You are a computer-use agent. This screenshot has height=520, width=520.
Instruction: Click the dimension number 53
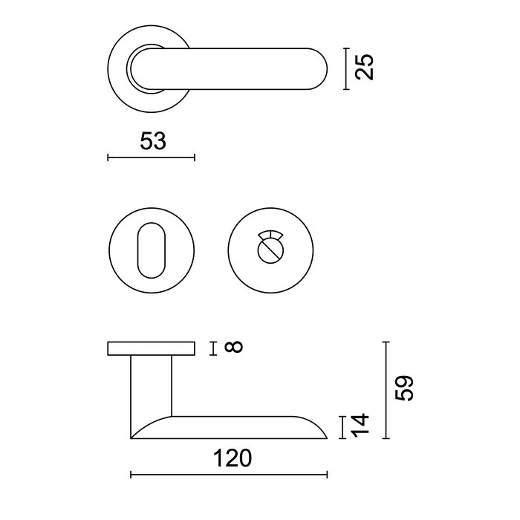point(152,141)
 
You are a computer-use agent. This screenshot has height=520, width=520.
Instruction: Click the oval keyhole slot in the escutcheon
point(152,247)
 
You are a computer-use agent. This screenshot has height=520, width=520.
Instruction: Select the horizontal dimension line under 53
point(151,157)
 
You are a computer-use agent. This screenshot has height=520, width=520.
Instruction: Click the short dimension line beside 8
point(213,347)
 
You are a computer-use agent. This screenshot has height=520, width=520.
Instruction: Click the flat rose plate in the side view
point(152,348)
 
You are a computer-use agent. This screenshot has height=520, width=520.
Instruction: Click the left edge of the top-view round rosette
point(108,69)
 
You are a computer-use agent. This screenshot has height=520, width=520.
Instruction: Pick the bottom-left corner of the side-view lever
point(131,438)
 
